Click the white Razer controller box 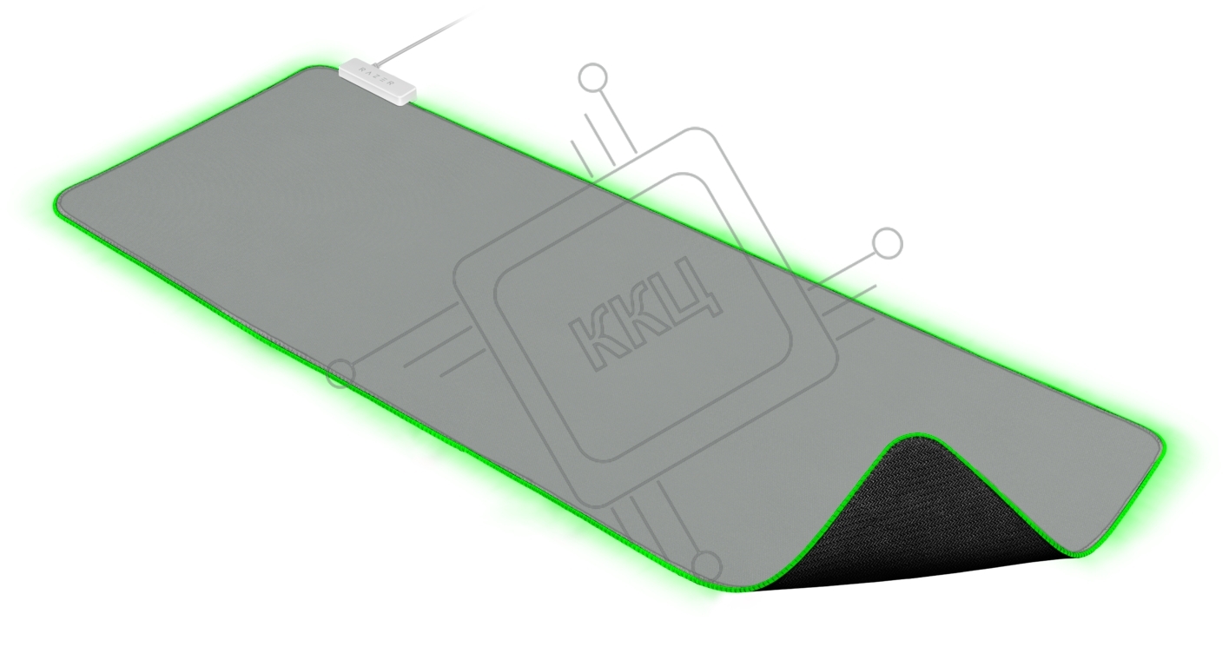coord(377,83)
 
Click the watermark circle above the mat coord(592,77)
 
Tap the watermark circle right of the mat coord(887,244)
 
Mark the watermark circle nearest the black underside coord(707,565)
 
